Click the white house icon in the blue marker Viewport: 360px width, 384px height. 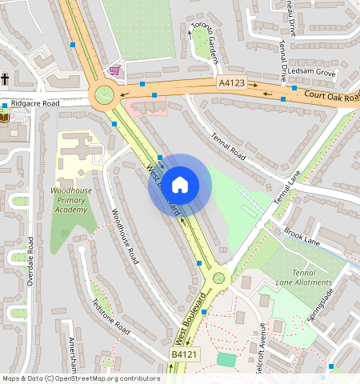coord(180,184)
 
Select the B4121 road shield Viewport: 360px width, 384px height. coord(183,354)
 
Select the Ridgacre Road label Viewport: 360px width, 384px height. coord(34,104)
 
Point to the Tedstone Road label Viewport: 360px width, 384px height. coord(110,317)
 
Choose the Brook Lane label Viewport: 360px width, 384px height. coord(302,236)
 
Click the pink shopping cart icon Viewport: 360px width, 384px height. coord(115,70)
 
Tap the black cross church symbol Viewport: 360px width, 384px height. coord(5,79)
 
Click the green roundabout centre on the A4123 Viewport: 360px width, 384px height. coord(103,96)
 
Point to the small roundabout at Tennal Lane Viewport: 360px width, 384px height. coord(218,278)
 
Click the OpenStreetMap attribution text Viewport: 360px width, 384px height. coord(80,378)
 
